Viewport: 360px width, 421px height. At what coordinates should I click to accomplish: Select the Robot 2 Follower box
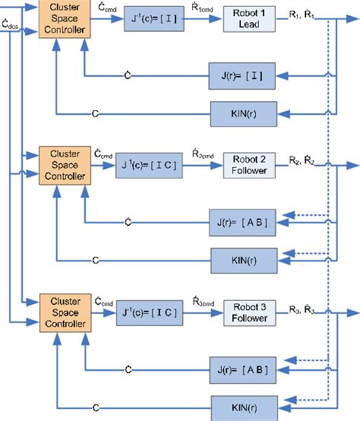[248, 166]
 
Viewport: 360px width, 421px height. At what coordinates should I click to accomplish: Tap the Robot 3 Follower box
[248, 313]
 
